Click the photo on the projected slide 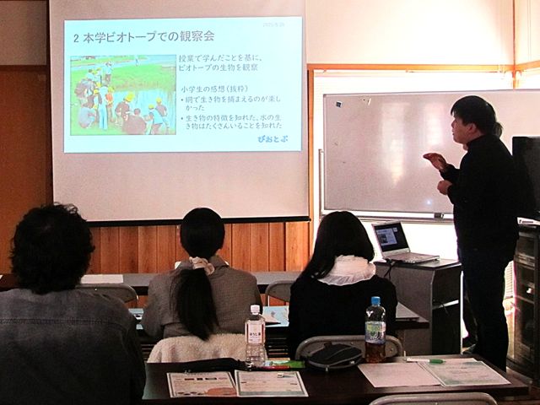click(122, 95)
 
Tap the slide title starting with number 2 click(143, 38)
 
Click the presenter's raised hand click(435, 159)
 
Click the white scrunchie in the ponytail click(202, 266)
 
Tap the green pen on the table click(424, 360)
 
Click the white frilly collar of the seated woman click(347, 270)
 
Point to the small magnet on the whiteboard click(337, 104)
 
